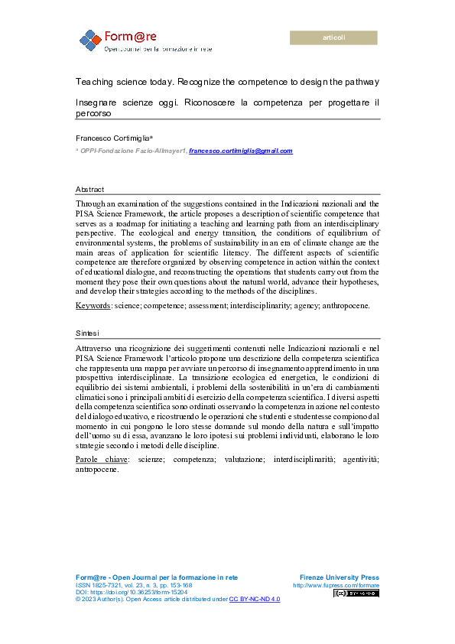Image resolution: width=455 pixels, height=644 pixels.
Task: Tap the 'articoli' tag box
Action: pyautogui.click(x=334, y=37)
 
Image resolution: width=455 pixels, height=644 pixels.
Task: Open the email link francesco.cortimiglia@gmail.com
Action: pyautogui.click(x=241, y=151)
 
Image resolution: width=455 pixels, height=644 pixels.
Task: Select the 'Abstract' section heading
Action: pyautogui.click(x=89, y=189)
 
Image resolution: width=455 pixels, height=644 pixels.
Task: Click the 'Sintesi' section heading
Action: pyautogui.click(x=88, y=334)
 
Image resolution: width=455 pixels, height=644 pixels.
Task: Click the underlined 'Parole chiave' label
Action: pyautogui.click(x=100, y=459)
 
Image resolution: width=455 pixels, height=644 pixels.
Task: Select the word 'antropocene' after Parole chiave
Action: pyautogui.click(x=97, y=469)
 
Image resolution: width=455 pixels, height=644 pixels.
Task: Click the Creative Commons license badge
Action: pyautogui.click(x=356, y=593)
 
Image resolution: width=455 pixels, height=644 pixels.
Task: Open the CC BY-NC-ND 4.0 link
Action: pyautogui.click(x=255, y=600)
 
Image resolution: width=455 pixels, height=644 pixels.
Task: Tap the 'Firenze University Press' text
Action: pyautogui.click(x=340, y=577)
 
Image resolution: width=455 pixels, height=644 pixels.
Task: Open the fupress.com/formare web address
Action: pyautogui.click(x=336, y=585)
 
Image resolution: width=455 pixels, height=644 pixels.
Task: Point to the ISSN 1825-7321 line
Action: pyautogui.click(x=132, y=585)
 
